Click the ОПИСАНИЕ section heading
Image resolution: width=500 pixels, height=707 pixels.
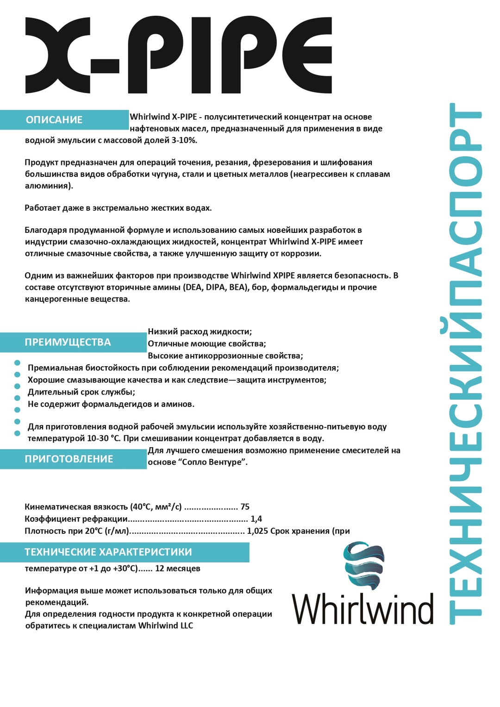54,120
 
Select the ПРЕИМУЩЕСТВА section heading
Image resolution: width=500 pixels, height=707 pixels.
68,342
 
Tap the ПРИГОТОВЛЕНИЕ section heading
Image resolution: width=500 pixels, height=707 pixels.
69,459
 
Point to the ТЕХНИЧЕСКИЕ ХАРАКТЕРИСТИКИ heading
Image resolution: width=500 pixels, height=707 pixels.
108,552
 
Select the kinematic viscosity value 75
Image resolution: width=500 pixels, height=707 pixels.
245,507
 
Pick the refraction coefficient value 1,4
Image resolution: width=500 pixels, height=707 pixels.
256,519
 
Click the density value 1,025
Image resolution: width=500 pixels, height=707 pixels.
257,531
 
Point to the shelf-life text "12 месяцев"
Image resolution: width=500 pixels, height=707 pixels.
178,569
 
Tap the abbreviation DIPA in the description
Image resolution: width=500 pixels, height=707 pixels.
215,288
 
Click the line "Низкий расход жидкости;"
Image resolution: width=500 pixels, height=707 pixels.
200,332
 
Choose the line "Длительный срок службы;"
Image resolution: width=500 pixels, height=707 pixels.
81,392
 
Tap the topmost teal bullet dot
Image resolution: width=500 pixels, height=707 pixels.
18,363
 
